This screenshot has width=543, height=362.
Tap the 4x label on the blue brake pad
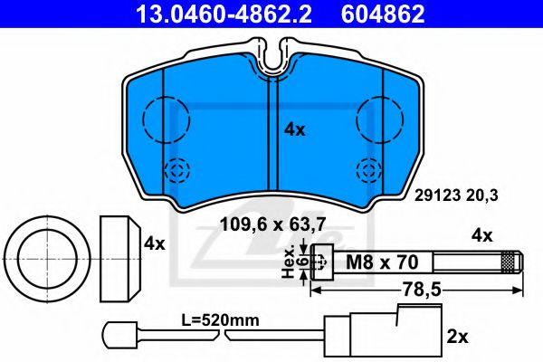295,129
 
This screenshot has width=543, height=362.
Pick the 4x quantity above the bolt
481,235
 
